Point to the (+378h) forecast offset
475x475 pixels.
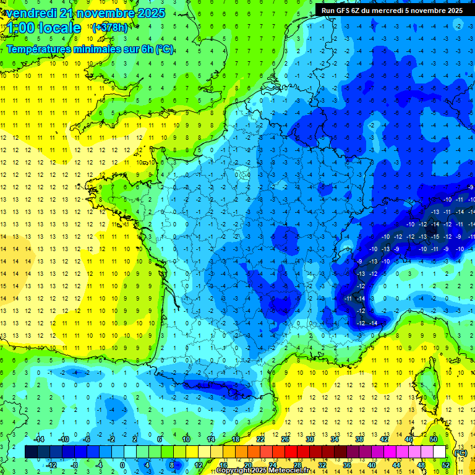click(x=111, y=27)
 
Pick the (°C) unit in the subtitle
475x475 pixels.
click(x=163, y=49)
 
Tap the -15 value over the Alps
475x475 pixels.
click(x=435, y=236)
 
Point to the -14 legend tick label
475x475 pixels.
click(x=40, y=439)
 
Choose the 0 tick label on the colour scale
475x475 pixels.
click(x=122, y=464)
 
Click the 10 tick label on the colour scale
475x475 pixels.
click(x=186, y=439)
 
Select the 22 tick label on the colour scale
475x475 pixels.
click(x=260, y=439)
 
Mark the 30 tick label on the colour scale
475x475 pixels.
click(x=310, y=439)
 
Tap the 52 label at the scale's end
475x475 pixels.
click(x=446, y=464)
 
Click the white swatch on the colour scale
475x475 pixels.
click(x=440, y=451)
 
